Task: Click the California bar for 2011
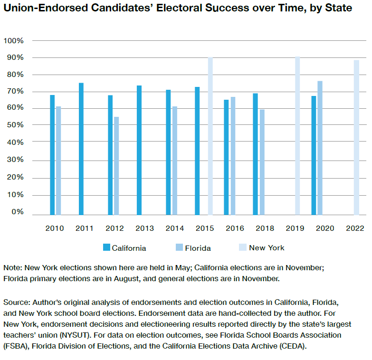coord(81,149)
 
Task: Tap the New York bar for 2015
coord(210,136)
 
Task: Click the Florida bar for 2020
coord(320,148)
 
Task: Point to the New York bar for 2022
coord(356,137)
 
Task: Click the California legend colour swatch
coord(107,247)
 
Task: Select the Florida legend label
coord(198,248)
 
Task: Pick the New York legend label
coord(267,247)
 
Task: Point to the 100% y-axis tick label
coord(13,41)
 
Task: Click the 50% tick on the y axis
coord(15,125)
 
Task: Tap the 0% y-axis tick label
coord(17,212)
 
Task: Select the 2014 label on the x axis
coord(174,228)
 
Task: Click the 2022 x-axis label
coord(355,228)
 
